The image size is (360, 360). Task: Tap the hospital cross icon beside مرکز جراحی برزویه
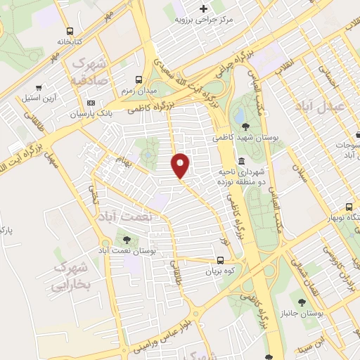click(x=204, y=9)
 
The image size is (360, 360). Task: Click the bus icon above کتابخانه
click(x=69, y=31)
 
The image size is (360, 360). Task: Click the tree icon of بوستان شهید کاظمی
click(x=245, y=127)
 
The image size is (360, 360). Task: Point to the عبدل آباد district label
click(x=324, y=105)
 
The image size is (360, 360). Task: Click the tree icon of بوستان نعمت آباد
click(x=127, y=240)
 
